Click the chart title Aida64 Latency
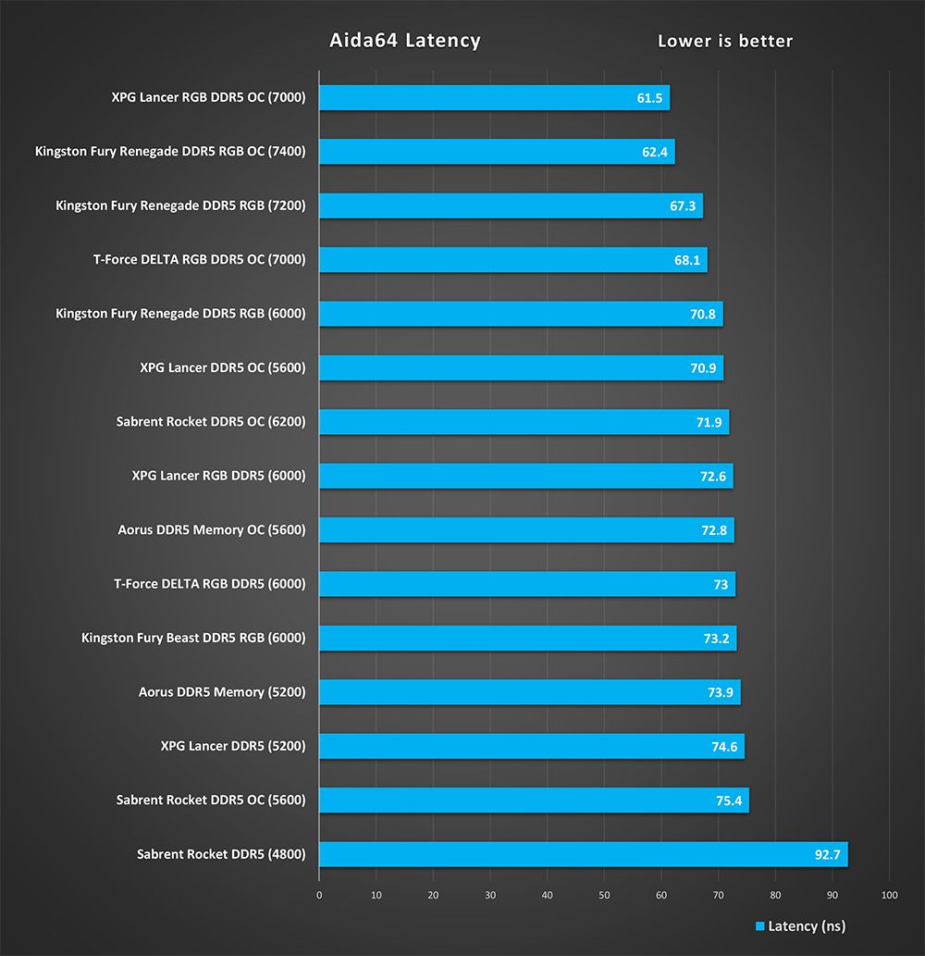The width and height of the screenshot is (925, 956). [x=405, y=41]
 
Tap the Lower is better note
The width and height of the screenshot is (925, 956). [x=725, y=41]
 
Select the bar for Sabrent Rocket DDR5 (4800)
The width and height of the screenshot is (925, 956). [x=583, y=854]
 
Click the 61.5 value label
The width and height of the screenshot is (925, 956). [x=650, y=98]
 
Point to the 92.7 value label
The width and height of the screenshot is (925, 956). [x=828, y=854]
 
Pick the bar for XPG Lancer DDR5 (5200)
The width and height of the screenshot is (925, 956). [x=532, y=746]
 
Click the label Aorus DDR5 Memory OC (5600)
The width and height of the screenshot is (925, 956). [x=212, y=530]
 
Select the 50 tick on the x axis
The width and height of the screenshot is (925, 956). [x=604, y=895]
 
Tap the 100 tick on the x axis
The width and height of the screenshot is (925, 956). [x=890, y=895]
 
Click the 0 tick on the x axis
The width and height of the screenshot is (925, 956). [x=319, y=895]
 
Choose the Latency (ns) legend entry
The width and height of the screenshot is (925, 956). [x=800, y=926]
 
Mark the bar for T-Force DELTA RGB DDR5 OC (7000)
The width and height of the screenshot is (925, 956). [x=512, y=260]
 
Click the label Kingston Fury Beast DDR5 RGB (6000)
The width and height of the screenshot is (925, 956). [x=193, y=639]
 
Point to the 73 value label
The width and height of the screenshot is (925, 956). [x=720, y=585]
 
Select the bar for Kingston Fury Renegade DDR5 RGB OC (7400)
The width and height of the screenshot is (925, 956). [x=497, y=152]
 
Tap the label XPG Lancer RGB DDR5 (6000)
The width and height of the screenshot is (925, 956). [x=219, y=477]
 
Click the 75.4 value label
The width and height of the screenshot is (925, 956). [x=730, y=801]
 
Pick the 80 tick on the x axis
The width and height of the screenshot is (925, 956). [x=775, y=895]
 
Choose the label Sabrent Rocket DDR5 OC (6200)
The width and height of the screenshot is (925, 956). [x=211, y=422]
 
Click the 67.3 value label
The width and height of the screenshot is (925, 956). [x=683, y=206]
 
